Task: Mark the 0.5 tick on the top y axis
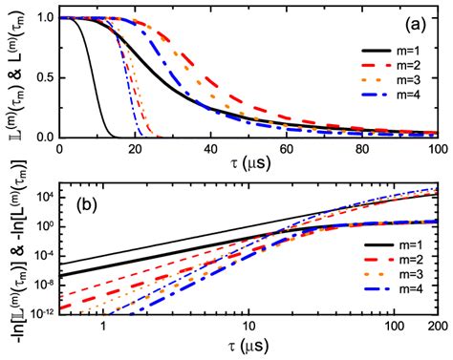point(44,77)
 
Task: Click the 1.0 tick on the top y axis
point(44,18)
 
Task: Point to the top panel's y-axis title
point(13,76)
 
